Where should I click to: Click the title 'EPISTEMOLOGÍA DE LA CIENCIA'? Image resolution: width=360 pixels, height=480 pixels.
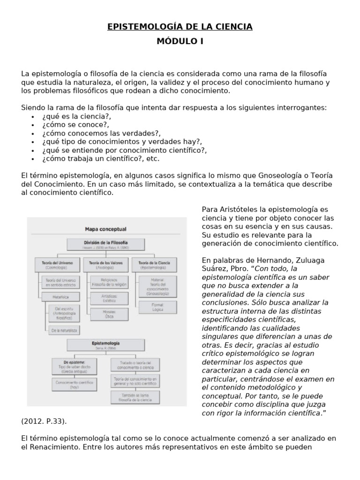pos(180,27)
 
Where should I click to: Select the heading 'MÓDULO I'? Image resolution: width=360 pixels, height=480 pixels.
pos(180,41)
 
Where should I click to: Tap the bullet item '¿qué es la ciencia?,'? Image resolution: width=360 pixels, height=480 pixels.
pos(76,116)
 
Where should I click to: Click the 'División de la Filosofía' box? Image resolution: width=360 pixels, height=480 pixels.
pos(105,244)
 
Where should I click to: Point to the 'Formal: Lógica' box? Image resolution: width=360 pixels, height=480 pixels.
pos(158,307)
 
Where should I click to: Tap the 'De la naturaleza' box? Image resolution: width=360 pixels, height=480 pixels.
pos(64,330)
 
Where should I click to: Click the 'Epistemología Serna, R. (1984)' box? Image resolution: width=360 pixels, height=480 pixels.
pos(105,345)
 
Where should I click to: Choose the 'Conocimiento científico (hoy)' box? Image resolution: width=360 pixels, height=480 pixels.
pos(74,385)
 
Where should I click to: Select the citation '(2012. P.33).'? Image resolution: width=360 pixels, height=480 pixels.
pos(47,421)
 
